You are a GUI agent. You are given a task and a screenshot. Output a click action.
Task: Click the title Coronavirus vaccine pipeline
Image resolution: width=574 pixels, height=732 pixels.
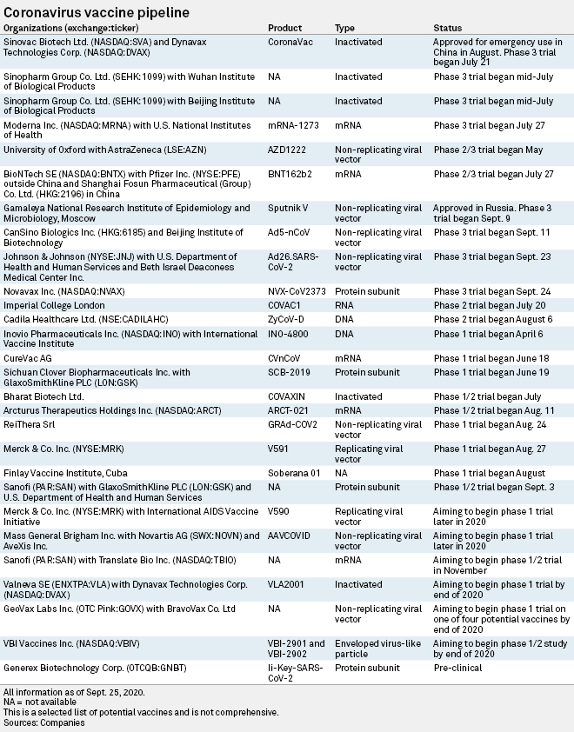point(99,12)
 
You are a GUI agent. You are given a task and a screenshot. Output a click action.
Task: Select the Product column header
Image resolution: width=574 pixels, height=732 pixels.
point(285,29)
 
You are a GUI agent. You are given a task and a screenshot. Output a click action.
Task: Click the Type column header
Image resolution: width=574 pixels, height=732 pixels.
point(344,29)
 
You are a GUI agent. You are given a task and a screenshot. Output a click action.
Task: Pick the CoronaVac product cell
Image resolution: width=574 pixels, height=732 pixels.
point(290,41)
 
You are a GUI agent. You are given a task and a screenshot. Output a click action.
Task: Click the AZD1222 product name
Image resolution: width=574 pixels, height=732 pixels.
point(288,150)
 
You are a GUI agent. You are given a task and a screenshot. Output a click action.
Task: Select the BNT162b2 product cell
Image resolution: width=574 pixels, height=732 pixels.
point(290,174)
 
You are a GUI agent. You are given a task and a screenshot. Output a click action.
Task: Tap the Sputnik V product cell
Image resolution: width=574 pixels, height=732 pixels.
point(289,209)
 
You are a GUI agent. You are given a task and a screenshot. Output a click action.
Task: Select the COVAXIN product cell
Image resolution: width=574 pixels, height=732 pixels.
point(289,396)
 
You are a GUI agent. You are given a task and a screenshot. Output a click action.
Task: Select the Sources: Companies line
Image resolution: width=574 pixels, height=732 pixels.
point(43,722)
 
